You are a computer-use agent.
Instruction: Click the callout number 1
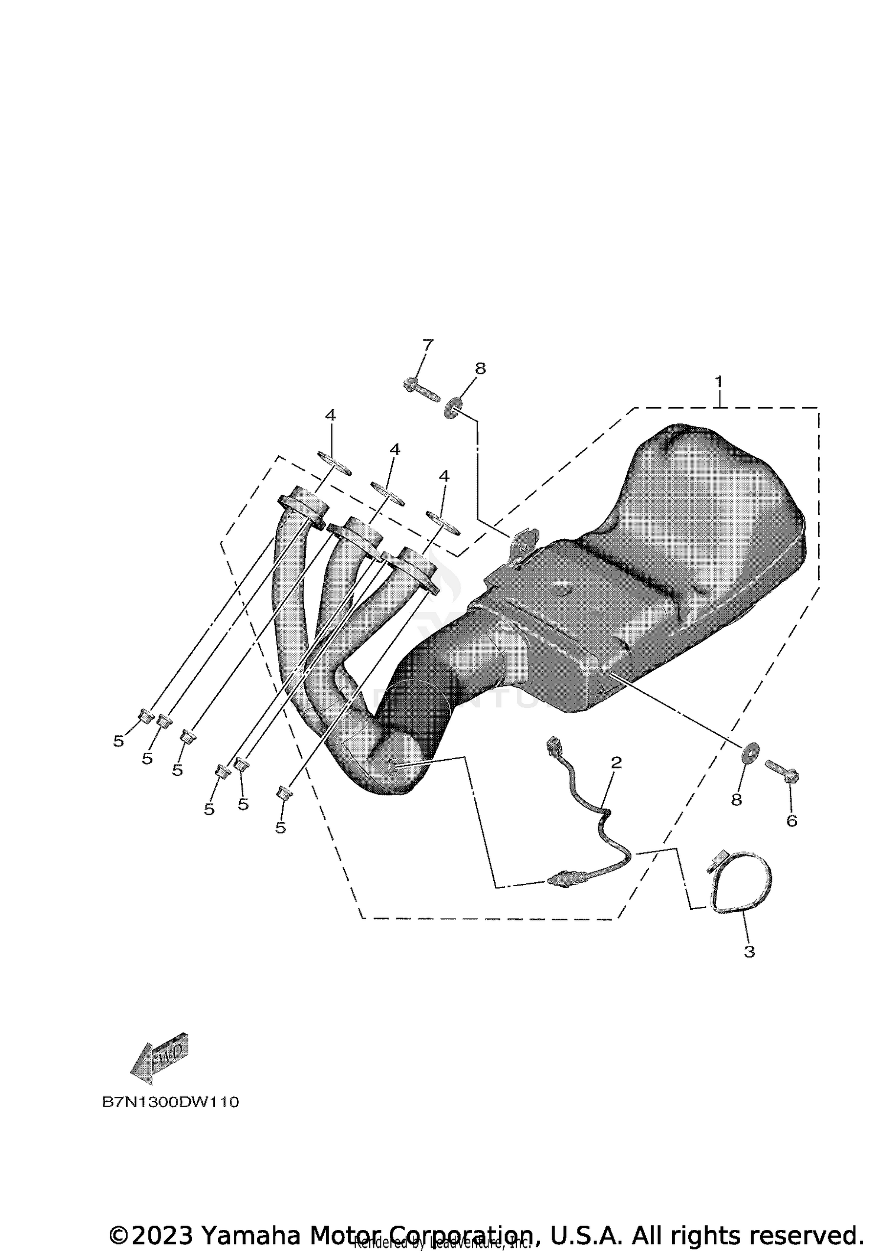click(718, 382)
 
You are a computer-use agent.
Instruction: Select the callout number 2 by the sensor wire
click(616, 762)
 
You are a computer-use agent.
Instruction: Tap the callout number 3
click(749, 951)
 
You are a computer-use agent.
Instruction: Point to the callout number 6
click(791, 820)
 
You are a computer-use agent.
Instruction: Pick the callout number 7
click(428, 344)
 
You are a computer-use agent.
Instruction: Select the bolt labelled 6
click(782, 770)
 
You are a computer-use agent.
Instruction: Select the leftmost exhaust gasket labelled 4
click(334, 463)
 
